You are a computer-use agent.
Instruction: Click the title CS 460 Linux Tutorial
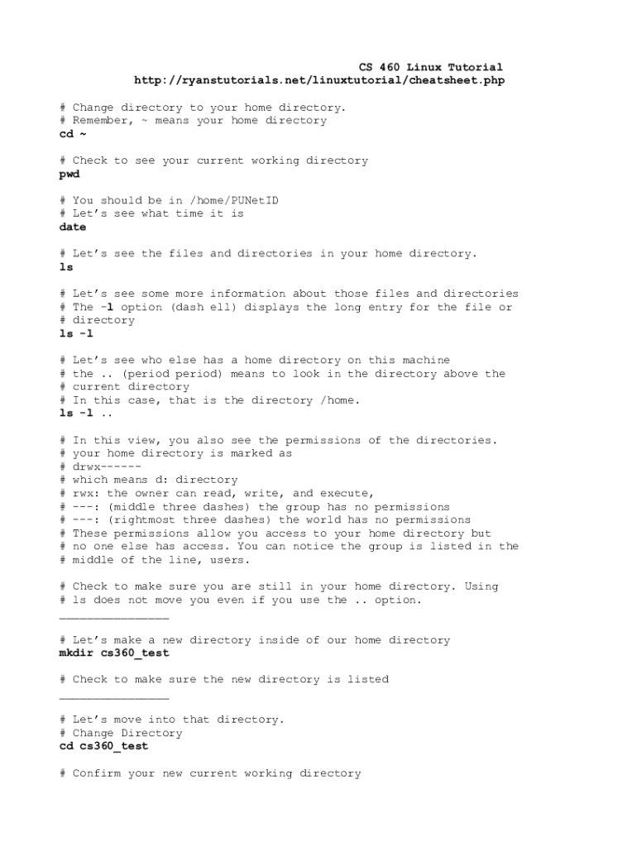tap(430, 67)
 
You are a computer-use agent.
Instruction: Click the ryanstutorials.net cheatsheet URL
tap(319, 80)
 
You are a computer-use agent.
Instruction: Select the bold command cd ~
tap(73, 134)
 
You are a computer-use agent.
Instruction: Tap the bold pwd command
tap(69, 175)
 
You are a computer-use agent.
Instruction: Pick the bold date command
tap(73, 227)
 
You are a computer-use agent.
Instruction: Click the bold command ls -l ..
tap(77, 334)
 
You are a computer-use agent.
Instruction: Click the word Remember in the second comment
tap(103, 121)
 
